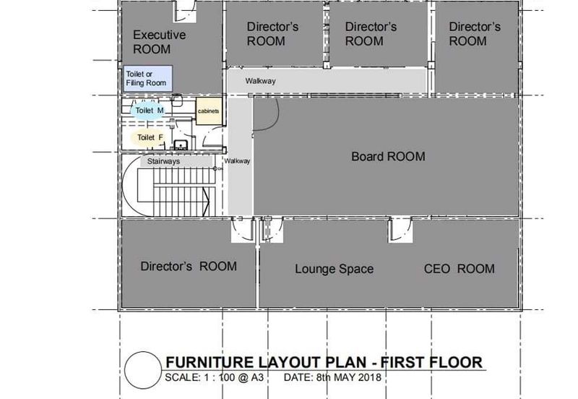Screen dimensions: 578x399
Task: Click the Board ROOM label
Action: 388,157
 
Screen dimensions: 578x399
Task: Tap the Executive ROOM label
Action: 159,42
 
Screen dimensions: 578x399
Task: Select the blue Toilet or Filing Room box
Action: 147,79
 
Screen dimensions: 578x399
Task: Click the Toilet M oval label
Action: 148,111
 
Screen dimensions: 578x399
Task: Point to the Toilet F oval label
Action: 150,137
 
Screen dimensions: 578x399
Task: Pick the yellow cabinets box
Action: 209,111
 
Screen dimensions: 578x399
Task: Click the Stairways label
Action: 164,161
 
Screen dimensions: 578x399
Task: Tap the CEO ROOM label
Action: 460,269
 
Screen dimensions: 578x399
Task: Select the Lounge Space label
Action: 334,269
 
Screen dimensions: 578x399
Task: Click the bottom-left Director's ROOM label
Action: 189,266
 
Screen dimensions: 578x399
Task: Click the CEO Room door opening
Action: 400,230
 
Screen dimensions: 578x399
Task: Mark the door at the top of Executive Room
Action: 186,12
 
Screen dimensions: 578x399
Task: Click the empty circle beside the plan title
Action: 143,370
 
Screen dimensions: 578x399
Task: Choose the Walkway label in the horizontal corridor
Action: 261,81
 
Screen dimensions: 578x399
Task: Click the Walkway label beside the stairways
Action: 237,160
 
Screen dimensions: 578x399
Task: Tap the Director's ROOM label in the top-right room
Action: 475,34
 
